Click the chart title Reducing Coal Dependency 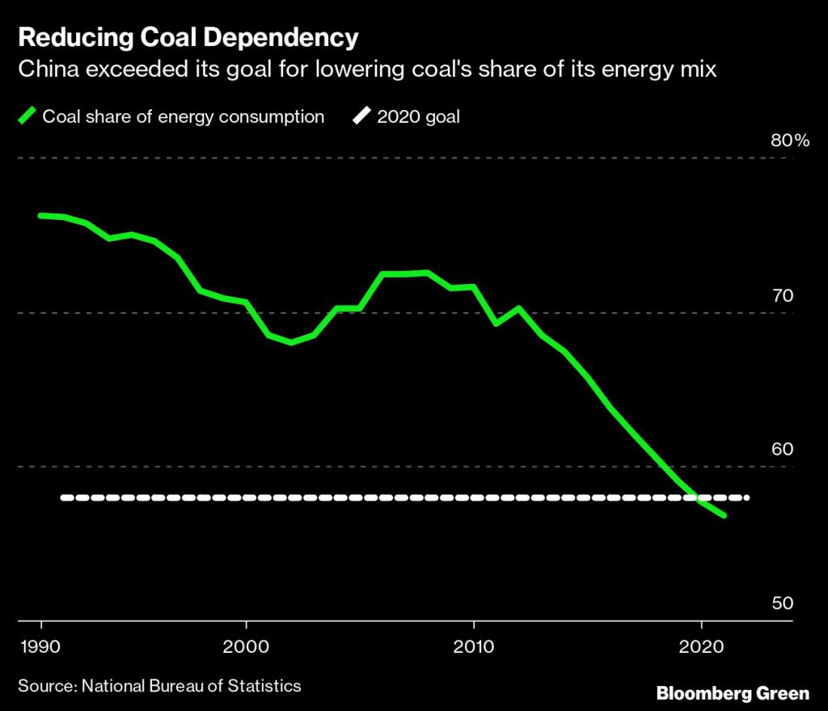pos(188,37)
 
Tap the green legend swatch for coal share pos(27,116)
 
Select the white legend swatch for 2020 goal pos(361,116)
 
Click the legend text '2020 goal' pos(418,116)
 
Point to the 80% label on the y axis pos(789,141)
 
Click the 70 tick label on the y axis pos(782,295)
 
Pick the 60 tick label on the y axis pos(782,449)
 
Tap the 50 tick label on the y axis pos(782,603)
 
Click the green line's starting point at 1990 pos(40,215)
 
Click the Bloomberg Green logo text pos(733,693)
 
